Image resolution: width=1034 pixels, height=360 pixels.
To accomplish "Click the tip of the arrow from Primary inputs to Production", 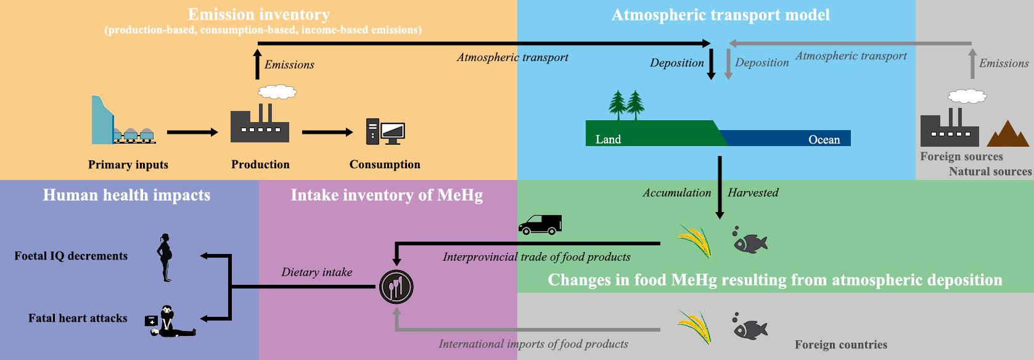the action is point(218,133).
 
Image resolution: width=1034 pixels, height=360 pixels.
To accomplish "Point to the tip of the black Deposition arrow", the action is point(712,80).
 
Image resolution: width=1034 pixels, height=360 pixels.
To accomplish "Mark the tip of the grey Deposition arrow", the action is point(728,80).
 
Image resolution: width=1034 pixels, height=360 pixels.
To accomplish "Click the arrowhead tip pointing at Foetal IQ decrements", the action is point(200,256).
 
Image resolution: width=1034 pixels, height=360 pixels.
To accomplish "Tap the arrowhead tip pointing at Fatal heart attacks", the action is point(200,319).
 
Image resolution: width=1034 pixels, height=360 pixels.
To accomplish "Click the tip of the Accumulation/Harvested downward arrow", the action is point(720,219).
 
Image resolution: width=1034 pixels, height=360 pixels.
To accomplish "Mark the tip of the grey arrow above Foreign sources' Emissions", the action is point(972,48).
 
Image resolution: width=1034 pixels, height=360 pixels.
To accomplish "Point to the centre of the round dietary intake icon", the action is point(396,287).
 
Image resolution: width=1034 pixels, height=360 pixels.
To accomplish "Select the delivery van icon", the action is point(540,225).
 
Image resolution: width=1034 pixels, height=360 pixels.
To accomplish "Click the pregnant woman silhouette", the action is point(165,258).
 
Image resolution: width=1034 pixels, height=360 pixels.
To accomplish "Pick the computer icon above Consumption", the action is point(385,132).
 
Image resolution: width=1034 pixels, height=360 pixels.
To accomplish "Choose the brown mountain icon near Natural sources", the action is point(1008,134).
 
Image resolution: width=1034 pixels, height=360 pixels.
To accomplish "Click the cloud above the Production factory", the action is point(277,92).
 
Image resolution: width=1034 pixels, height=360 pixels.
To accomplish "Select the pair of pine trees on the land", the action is point(626,105).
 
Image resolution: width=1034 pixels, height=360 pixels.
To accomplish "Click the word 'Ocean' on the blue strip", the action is point(824,139).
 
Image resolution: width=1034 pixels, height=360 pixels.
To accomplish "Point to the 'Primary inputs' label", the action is point(128,165).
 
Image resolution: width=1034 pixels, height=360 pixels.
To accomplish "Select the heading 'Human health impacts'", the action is point(126,195).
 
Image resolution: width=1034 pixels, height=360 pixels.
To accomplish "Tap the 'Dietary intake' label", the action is point(317,272).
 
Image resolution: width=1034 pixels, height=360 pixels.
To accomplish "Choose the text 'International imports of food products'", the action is point(533,344).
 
